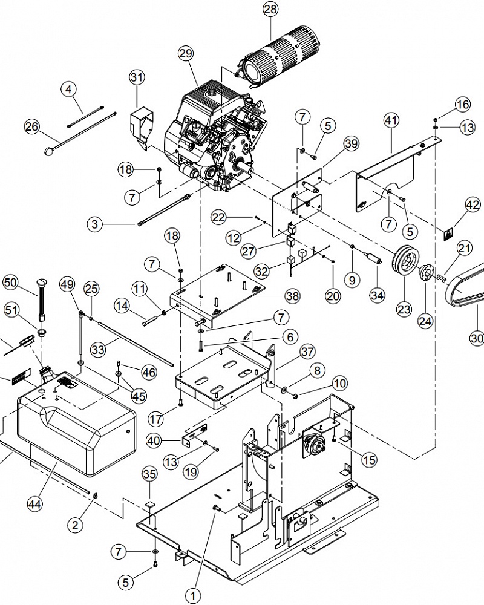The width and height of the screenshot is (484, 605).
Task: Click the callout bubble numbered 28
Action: point(270,9)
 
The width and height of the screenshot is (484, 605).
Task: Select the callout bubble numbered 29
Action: point(186,53)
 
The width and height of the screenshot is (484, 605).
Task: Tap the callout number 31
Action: point(137,77)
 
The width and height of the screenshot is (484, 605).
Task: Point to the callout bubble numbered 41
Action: point(391,120)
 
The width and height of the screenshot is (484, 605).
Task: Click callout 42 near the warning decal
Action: point(473,205)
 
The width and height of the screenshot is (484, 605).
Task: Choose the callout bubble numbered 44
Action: point(35,504)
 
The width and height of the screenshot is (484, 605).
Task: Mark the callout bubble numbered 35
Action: point(150,474)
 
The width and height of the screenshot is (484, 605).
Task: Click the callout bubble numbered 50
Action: point(10,283)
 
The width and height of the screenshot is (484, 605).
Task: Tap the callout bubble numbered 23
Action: point(404,309)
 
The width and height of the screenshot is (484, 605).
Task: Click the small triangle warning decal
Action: point(448,233)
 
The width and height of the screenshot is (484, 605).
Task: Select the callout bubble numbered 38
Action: point(292,296)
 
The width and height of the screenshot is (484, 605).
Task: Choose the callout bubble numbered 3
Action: point(95,224)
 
